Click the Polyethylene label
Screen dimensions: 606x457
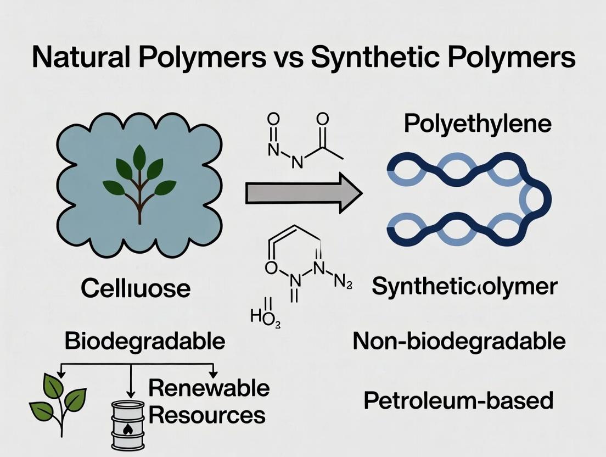pos(477,124)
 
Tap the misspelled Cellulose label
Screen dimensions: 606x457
pos(136,288)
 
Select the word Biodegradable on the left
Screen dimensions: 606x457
pos(145,341)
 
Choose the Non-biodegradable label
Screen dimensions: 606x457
pos(459,341)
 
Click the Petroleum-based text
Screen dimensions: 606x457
pos(458,400)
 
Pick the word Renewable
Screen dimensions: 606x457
pos(209,388)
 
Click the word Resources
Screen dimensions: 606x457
pos(207,415)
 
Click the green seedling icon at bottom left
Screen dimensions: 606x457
pos(58,404)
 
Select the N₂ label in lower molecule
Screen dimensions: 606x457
pos(343,283)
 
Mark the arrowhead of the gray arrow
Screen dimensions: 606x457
pos(346,193)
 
